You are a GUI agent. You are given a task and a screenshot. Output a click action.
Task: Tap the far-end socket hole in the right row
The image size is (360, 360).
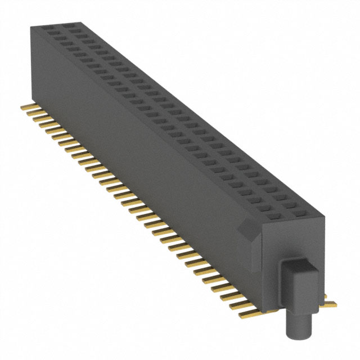point(68,26)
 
